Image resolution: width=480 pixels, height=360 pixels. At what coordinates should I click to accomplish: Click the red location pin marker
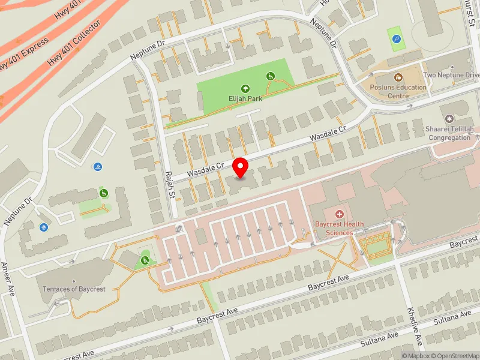(241, 167)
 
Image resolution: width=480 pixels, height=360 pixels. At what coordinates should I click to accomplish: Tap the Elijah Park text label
(245, 98)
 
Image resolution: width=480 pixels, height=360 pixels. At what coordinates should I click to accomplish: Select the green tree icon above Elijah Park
(245, 89)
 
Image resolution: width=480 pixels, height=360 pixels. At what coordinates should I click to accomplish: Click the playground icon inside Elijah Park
(271, 76)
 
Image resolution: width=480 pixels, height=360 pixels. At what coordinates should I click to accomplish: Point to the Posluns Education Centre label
(398, 91)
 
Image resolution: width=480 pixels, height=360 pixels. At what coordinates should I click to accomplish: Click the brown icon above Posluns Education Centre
(397, 77)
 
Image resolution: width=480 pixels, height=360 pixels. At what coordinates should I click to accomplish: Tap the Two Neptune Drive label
(451, 75)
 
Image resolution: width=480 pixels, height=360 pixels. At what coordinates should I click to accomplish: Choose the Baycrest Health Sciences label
(340, 228)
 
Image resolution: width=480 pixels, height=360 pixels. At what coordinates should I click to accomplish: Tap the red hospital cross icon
(339, 214)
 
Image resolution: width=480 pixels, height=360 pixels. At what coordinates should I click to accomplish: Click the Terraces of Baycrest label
(74, 289)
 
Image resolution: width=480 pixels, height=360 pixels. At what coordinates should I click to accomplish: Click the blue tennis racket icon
(396, 39)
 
